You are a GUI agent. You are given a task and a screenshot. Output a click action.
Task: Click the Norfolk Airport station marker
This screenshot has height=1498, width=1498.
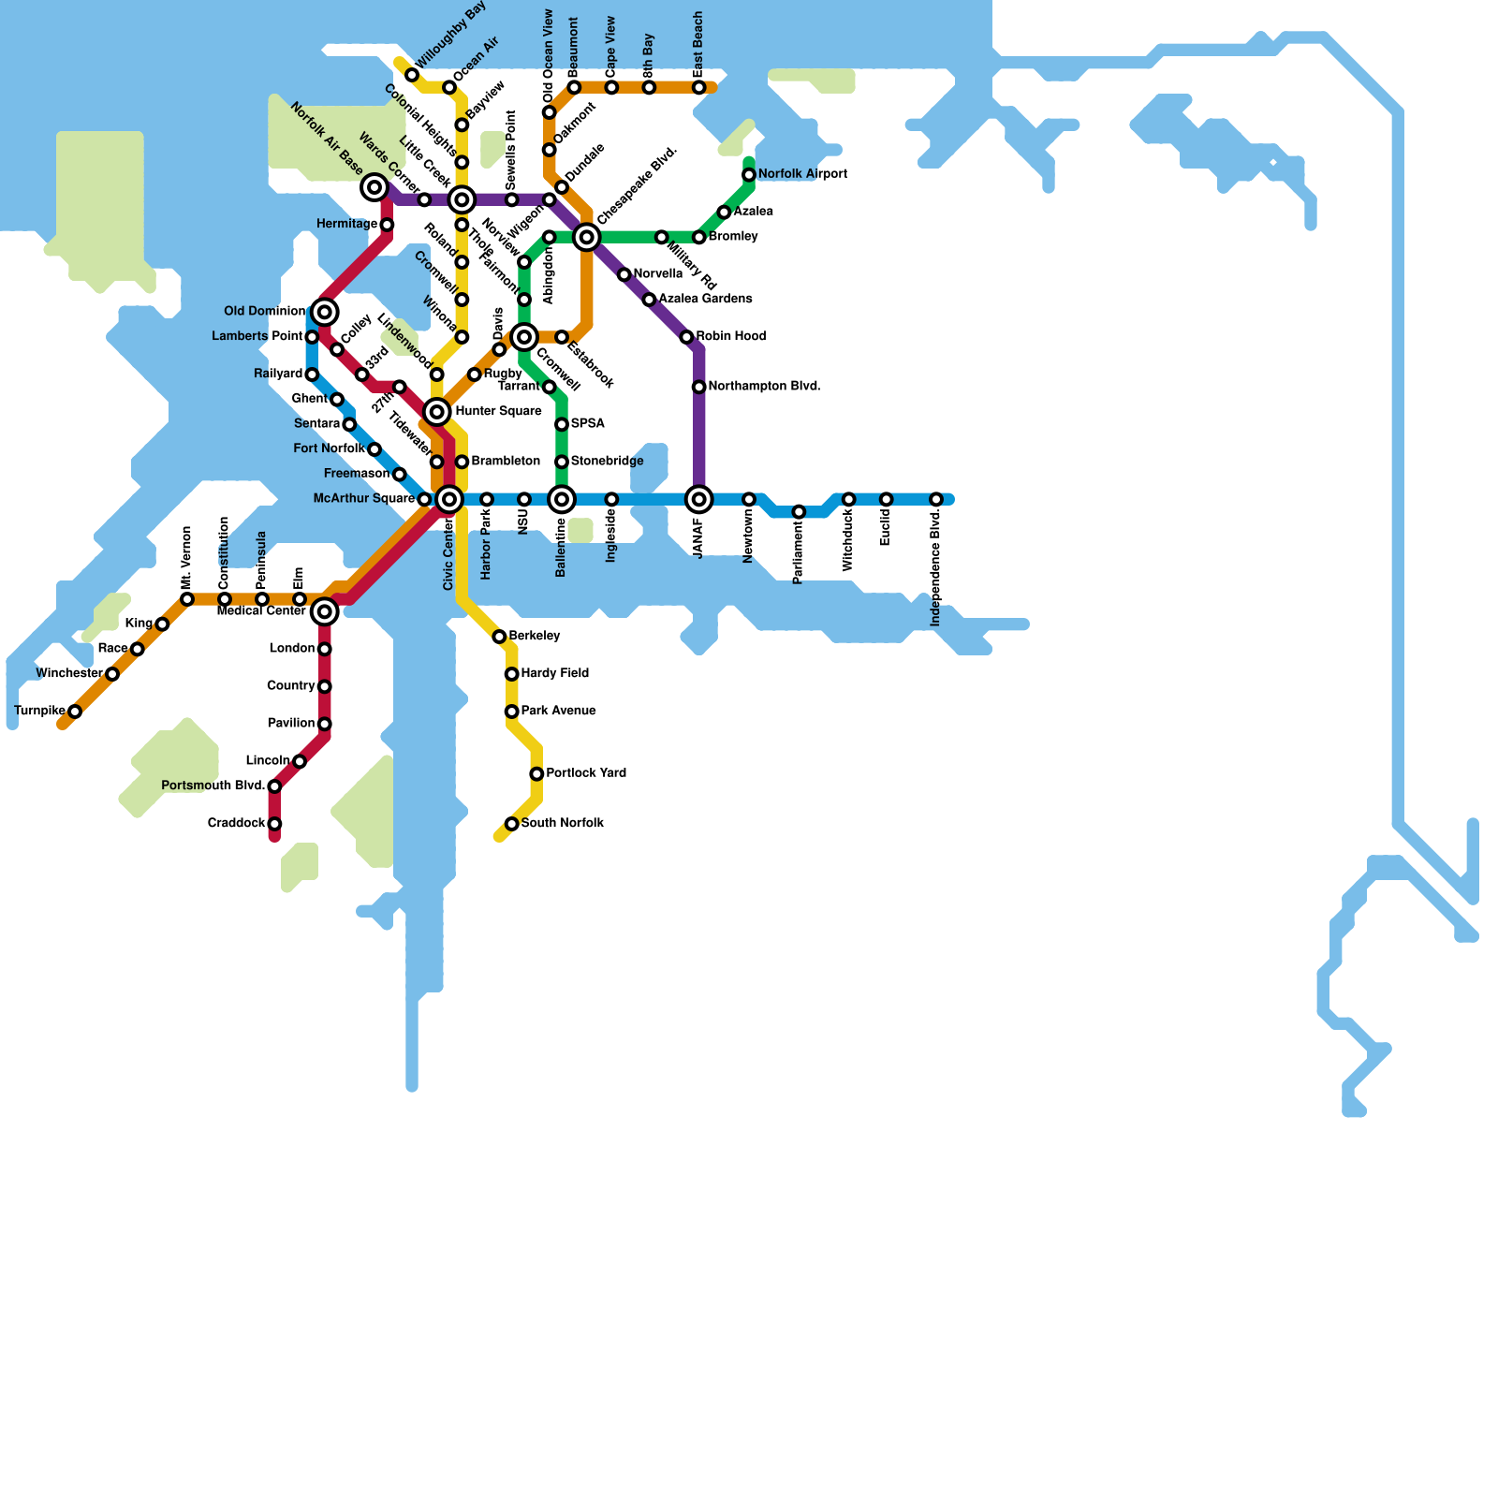(749, 175)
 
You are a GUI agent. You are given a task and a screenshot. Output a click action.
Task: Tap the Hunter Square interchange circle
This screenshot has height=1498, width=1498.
(437, 412)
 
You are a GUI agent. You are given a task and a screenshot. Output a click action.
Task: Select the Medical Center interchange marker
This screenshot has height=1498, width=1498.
(325, 612)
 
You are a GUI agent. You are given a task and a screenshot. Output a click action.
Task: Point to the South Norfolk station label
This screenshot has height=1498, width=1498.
(562, 824)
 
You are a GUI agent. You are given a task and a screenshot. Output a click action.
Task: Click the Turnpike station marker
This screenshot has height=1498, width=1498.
(75, 712)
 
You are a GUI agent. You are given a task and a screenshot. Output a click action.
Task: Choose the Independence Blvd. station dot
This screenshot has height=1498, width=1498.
(936, 500)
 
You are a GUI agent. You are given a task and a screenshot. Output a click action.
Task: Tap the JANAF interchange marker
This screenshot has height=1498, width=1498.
(699, 500)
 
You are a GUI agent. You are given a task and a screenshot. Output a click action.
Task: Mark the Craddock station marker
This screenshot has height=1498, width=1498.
(274, 824)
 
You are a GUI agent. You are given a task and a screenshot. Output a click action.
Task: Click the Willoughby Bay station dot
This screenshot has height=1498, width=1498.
(412, 75)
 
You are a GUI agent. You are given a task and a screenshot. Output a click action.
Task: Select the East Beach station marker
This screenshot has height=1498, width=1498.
(699, 88)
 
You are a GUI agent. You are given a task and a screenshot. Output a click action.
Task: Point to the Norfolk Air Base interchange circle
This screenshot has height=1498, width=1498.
(374, 188)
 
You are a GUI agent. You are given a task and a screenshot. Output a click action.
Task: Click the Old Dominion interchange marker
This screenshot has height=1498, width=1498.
(325, 312)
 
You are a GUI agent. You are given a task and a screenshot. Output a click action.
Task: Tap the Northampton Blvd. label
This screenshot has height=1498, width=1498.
(764, 387)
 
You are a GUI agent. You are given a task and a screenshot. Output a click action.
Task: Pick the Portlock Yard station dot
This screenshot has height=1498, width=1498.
(536, 774)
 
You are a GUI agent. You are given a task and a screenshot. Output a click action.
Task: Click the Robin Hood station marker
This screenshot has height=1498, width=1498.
(686, 337)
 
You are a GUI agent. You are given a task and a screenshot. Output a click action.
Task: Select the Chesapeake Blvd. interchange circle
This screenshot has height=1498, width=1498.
(587, 238)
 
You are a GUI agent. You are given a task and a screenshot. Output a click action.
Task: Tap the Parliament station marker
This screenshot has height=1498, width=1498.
(799, 512)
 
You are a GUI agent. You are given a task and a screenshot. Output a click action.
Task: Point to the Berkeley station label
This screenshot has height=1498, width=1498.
(535, 637)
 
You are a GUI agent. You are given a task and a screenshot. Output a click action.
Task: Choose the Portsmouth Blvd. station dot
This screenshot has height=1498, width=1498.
(274, 786)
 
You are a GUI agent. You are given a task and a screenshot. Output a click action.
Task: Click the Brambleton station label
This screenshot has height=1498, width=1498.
(506, 462)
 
